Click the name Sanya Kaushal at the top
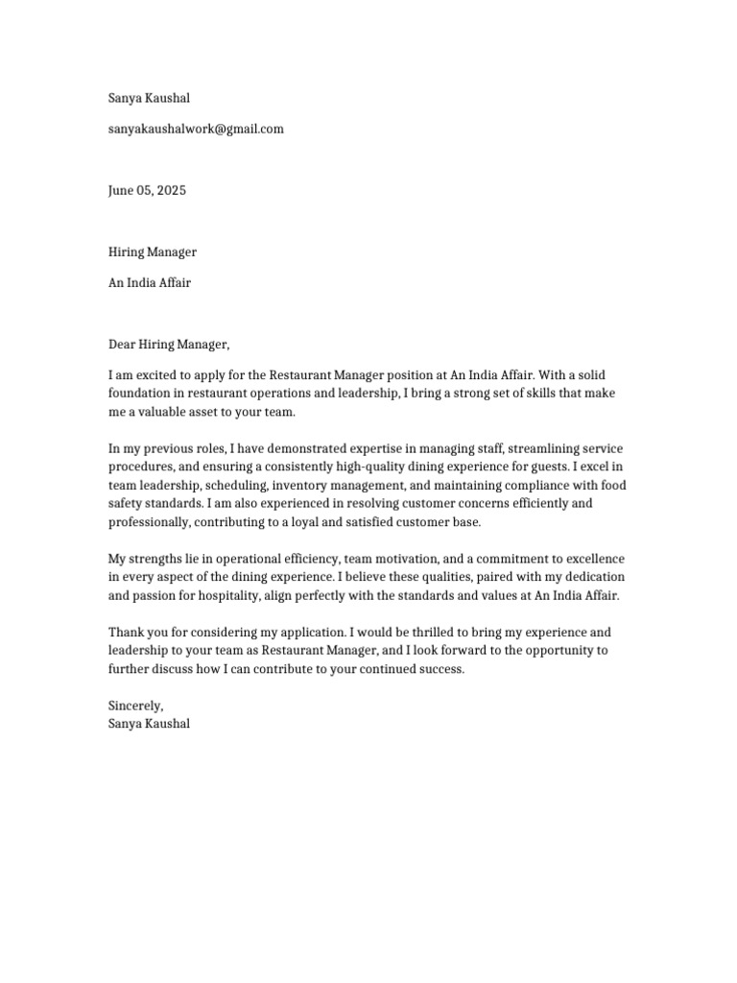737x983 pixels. (149, 98)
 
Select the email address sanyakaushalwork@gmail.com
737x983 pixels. (196, 129)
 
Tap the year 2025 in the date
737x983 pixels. (170, 190)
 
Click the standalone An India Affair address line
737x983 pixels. (149, 283)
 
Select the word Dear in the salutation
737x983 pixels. (122, 345)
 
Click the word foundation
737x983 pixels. (140, 394)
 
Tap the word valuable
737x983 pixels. (165, 412)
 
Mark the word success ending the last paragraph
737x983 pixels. (440, 669)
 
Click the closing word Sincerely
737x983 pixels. (135, 706)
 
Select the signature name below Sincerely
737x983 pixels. (149, 724)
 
